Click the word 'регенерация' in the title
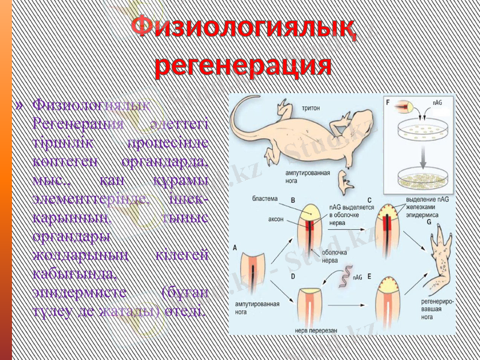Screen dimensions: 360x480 (x=243, y=65)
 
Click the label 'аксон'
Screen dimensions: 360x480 (x=275, y=219)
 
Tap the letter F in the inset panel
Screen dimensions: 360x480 (x=389, y=103)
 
